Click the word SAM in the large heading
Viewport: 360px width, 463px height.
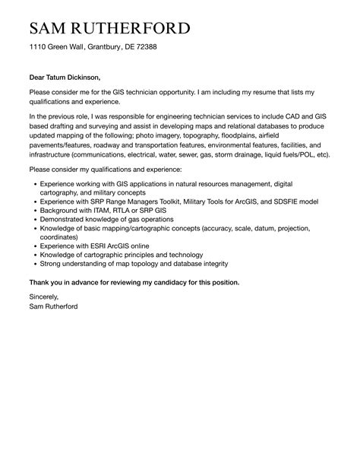pyautogui.click(x=50, y=30)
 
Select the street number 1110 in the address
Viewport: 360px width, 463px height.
pyautogui.click(x=38, y=47)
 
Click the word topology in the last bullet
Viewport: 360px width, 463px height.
pyautogui.click(x=127, y=264)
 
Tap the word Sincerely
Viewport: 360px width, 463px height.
pyautogui.click(x=43, y=297)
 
